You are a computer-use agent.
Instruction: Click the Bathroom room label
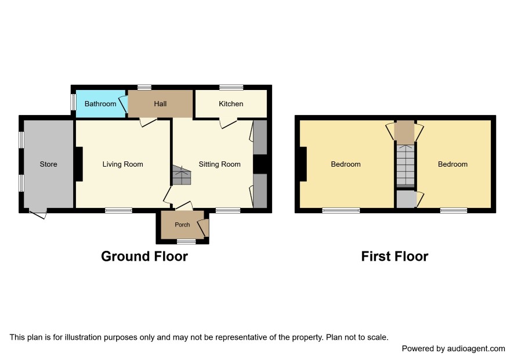(x=100, y=104)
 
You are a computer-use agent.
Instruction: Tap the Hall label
(x=160, y=104)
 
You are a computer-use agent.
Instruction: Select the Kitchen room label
(x=231, y=104)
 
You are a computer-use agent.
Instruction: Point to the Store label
(x=48, y=164)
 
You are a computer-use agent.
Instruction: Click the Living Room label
(x=122, y=164)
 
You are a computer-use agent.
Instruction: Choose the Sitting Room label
(x=220, y=164)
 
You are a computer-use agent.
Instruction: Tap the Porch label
(x=182, y=225)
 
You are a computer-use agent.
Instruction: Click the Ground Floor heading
(x=144, y=256)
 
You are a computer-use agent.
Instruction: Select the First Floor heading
(x=394, y=256)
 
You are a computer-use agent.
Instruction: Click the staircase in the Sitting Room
(x=182, y=175)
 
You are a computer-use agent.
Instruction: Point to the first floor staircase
(x=406, y=165)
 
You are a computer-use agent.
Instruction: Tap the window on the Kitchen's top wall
(x=231, y=87)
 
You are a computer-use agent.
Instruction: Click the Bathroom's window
(x=74, y=102)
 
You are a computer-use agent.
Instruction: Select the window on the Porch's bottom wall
(x=186, y=242)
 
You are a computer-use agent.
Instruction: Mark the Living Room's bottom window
(x=119, y=210)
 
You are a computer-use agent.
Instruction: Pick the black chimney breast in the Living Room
(x=79, y=164)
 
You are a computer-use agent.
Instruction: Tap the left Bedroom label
(x=346, y=164)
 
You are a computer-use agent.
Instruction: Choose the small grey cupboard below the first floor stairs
(x=407, y=199)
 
